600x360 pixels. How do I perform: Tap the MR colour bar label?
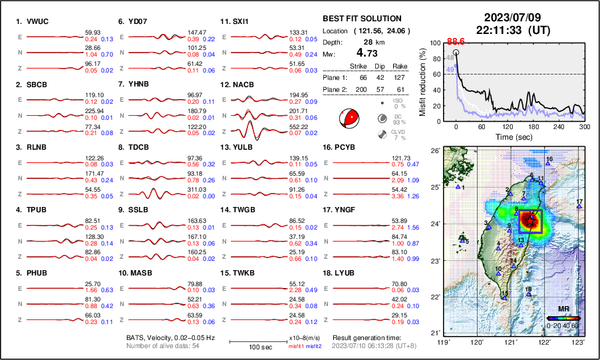[x=563, y=309]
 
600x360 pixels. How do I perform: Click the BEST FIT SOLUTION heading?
[x=362, y=19]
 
